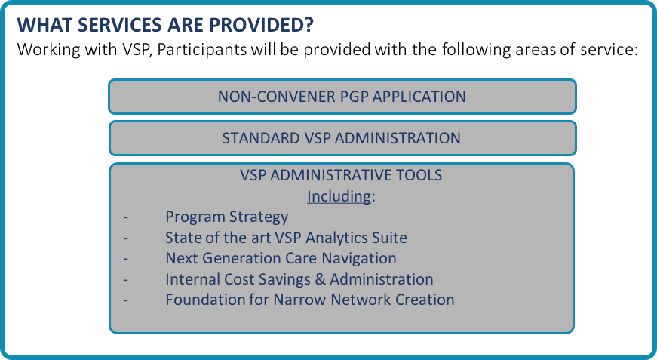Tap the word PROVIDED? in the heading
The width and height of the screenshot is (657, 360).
[262, 25]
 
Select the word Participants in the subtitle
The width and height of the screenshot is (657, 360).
[202, 50]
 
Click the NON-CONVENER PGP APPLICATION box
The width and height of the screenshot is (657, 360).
[342, 97]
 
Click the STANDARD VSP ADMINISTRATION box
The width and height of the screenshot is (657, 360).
[342, 138]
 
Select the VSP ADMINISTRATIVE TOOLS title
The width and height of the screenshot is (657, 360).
[341, 175]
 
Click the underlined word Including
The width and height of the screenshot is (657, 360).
[339, 196]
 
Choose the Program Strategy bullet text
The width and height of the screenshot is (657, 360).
[227, 217]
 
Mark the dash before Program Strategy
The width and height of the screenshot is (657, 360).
[126, 217]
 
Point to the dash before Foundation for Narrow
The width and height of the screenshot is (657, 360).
[126, 300]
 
